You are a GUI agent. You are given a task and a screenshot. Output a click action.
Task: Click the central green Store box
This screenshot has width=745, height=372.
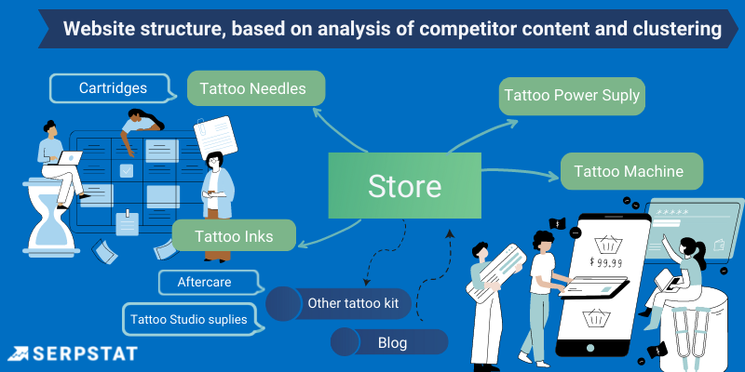coord(404,186)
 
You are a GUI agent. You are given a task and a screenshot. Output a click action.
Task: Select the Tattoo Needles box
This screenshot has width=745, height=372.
coord(256,89)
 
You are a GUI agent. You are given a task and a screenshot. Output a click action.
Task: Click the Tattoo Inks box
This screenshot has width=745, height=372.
coord(234,236)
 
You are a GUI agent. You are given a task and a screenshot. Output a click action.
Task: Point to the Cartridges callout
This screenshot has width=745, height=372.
coord(112,88)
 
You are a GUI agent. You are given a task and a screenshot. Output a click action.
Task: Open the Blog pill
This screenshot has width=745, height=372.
coord(390,342)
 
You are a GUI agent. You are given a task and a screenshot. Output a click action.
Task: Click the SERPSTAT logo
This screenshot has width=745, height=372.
coord(72,353)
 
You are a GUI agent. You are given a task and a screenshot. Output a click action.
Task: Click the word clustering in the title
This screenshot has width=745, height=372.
coord(673,30)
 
